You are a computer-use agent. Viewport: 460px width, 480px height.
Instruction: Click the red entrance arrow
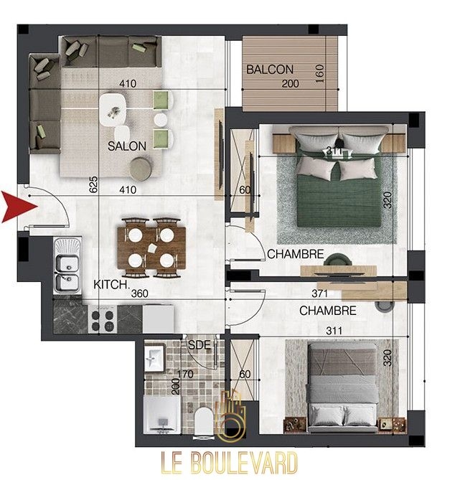click(19, 207)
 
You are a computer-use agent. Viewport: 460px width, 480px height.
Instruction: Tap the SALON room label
click(127, 146)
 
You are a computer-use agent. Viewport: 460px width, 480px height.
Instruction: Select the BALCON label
click(270, 70)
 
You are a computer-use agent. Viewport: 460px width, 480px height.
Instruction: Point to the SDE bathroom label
click(200, 345)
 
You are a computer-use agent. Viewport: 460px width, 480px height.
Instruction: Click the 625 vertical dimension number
click(94, 184)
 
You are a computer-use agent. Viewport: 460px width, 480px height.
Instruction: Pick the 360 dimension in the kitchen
click(140, 293)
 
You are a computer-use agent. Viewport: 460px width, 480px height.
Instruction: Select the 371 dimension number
click(319, 293)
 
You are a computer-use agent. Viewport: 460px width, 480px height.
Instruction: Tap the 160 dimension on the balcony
click(319, 73)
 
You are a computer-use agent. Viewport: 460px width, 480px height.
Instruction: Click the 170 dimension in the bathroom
click(185, 374)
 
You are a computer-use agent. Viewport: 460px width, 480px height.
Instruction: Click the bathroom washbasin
click(155, 357)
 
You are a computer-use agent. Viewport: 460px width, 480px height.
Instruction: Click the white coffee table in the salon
click(113, 110)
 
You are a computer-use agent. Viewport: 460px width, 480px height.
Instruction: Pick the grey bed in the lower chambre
click(342, 387)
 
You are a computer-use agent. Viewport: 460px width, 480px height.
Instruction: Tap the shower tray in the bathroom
click(161, 415)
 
